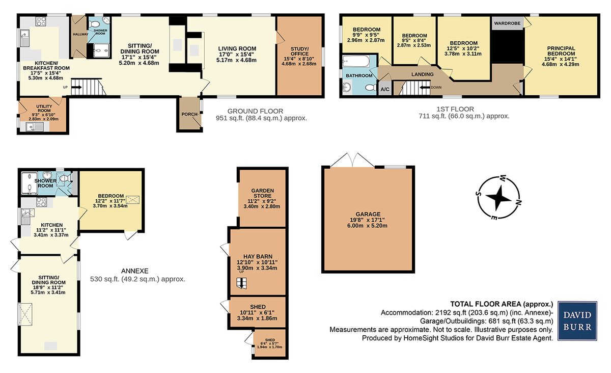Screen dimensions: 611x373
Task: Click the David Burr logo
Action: [x=577, y=321]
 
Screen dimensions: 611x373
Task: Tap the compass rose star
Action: [x=498, y=198]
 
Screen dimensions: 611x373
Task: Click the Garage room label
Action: [x=368, y=214]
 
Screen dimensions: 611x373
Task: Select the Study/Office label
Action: [x=299, y=51]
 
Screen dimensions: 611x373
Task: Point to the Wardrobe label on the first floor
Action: [x=507, y=23]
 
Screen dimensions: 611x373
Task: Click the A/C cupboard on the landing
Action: [x=385, y=89]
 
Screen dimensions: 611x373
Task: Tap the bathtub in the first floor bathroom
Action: [x=356, y=62]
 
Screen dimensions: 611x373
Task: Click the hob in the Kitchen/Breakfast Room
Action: [x=41, y=21]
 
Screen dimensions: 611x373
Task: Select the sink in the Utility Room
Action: [x=35, y=126]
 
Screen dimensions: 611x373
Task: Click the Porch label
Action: [x=189, y=114]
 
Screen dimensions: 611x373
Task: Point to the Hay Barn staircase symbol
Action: [x=241, y=283]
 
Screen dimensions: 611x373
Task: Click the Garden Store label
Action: [x=262, y=193]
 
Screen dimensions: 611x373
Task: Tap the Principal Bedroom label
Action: [x=561, y=51]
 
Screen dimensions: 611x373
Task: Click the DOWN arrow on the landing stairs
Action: [x=425, y=87]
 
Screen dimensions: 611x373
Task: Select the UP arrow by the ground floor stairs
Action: [x=76, y=87]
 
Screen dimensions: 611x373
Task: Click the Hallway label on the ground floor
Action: [x=80, y=34]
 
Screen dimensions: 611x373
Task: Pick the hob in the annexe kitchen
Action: [x=41, y=202]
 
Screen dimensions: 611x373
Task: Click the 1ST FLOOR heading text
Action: [x=455, y=109]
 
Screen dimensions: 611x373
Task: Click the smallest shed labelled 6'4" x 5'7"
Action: [x=269, y=343]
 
